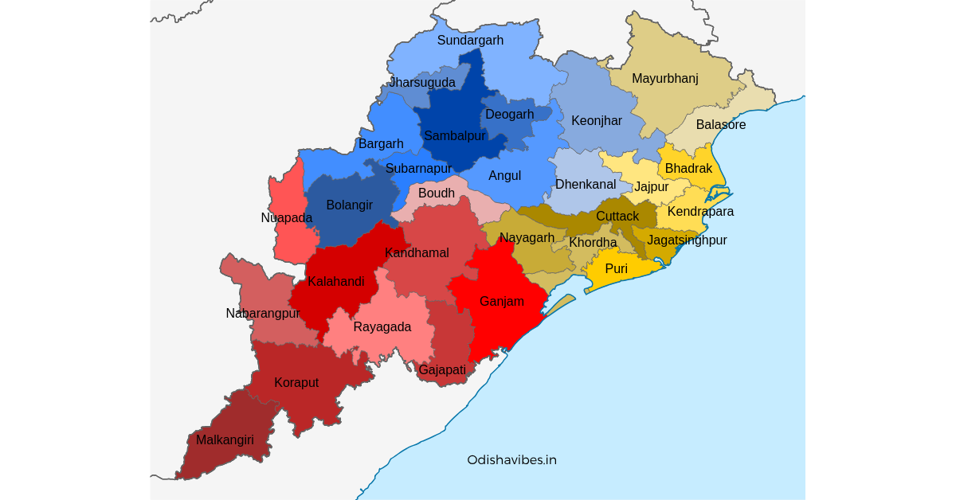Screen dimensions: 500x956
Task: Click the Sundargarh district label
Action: pos(470,41)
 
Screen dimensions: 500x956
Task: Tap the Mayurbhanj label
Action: pos(664,78)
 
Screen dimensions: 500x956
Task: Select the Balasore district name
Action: pos(720,125)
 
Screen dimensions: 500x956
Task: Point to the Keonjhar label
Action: pos(596,121)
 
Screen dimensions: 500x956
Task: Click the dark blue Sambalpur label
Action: pos(454,136)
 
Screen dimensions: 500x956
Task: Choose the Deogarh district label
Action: pos(509,115)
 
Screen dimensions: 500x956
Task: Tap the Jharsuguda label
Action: pos(422,83)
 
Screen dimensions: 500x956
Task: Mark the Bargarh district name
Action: pos(381,144)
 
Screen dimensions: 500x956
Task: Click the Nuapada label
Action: pos(286,218)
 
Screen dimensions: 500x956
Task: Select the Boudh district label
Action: pos(436,193)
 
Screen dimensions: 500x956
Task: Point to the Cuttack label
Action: pos(617,217)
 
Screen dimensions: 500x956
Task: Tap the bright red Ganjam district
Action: pos(501,302)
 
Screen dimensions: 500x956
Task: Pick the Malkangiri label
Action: pos(225,440)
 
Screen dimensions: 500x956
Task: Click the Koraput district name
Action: pos(296,383)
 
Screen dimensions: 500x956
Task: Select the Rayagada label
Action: pos(382,327)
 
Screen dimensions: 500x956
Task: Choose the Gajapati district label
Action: pos(441,370)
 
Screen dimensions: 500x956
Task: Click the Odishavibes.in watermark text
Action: pos(511,460)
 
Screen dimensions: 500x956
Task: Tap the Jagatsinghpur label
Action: pos(687,240)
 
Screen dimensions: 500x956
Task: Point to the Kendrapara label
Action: pos(700,212)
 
